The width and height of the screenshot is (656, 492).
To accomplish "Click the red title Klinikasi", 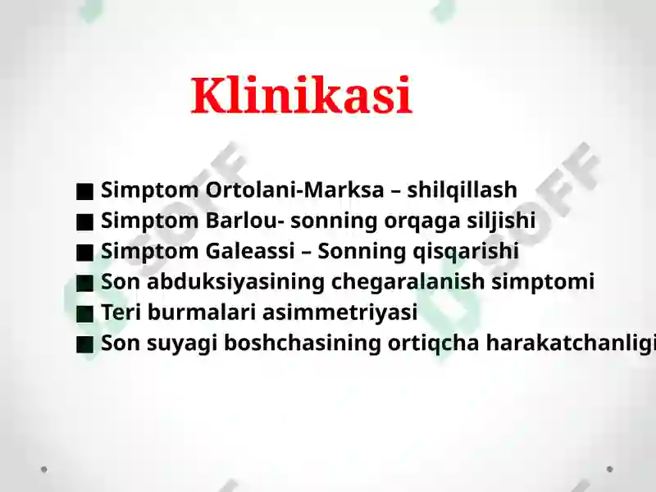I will click(x=301, y=96).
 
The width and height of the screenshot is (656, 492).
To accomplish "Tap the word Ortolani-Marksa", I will click(x=295, y=190).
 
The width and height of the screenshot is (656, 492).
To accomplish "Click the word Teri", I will click(x=120, y=312).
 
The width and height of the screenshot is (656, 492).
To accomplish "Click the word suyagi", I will click(x=175, y=344).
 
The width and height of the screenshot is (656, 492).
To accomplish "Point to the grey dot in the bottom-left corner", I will click(x=44, y=470).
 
